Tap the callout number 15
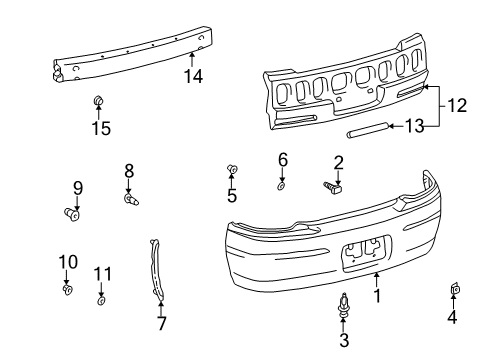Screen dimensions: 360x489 [x=100, y=127]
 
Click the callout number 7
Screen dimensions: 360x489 [x=162, y=322]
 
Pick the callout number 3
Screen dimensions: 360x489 [x=344, y=341]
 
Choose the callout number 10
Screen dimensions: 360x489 [x=66, y=262]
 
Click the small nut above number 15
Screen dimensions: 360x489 [x=99, y=101]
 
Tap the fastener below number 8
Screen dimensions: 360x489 [x=130, y=200]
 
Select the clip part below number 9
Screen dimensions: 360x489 [x=72, y=212]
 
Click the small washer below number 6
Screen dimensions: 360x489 [x=282, y=185]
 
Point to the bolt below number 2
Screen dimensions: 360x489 [x=332, y=185]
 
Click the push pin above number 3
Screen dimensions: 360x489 [x=344, y=302]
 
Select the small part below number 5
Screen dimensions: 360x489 [x=233, y=169]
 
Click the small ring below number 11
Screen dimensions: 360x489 [x=102, y=300]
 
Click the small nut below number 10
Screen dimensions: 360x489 [x=67, y=291]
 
